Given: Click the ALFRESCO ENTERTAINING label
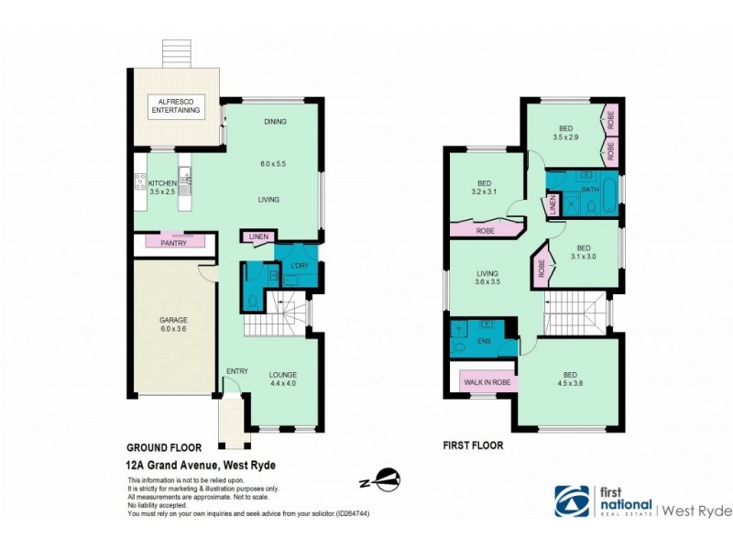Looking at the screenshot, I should point(174,104).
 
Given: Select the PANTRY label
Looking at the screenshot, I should point(174,243).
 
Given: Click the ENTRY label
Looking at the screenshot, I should point(237,370).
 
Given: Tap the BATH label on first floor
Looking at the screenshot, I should point(589,191).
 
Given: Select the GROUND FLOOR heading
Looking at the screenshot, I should point(163,448).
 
